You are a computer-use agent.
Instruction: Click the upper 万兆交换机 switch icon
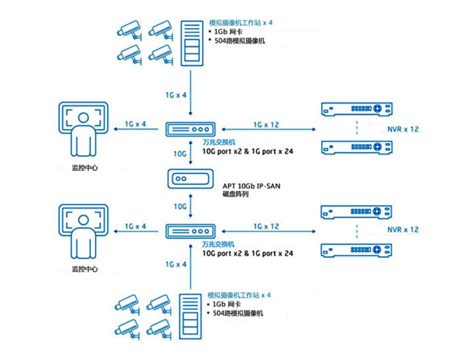point(190,129)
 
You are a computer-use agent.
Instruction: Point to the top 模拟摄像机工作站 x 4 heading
point(241,24)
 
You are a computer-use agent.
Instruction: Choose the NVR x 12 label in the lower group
point(403,230)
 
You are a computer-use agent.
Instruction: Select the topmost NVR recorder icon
point(356,109)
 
